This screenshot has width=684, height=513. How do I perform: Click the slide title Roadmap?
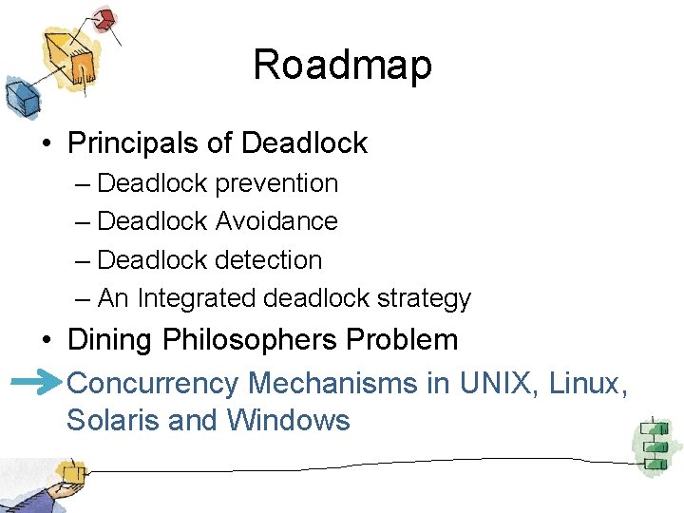coord(342,65)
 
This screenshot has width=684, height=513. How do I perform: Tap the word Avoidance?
coord(276,221)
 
